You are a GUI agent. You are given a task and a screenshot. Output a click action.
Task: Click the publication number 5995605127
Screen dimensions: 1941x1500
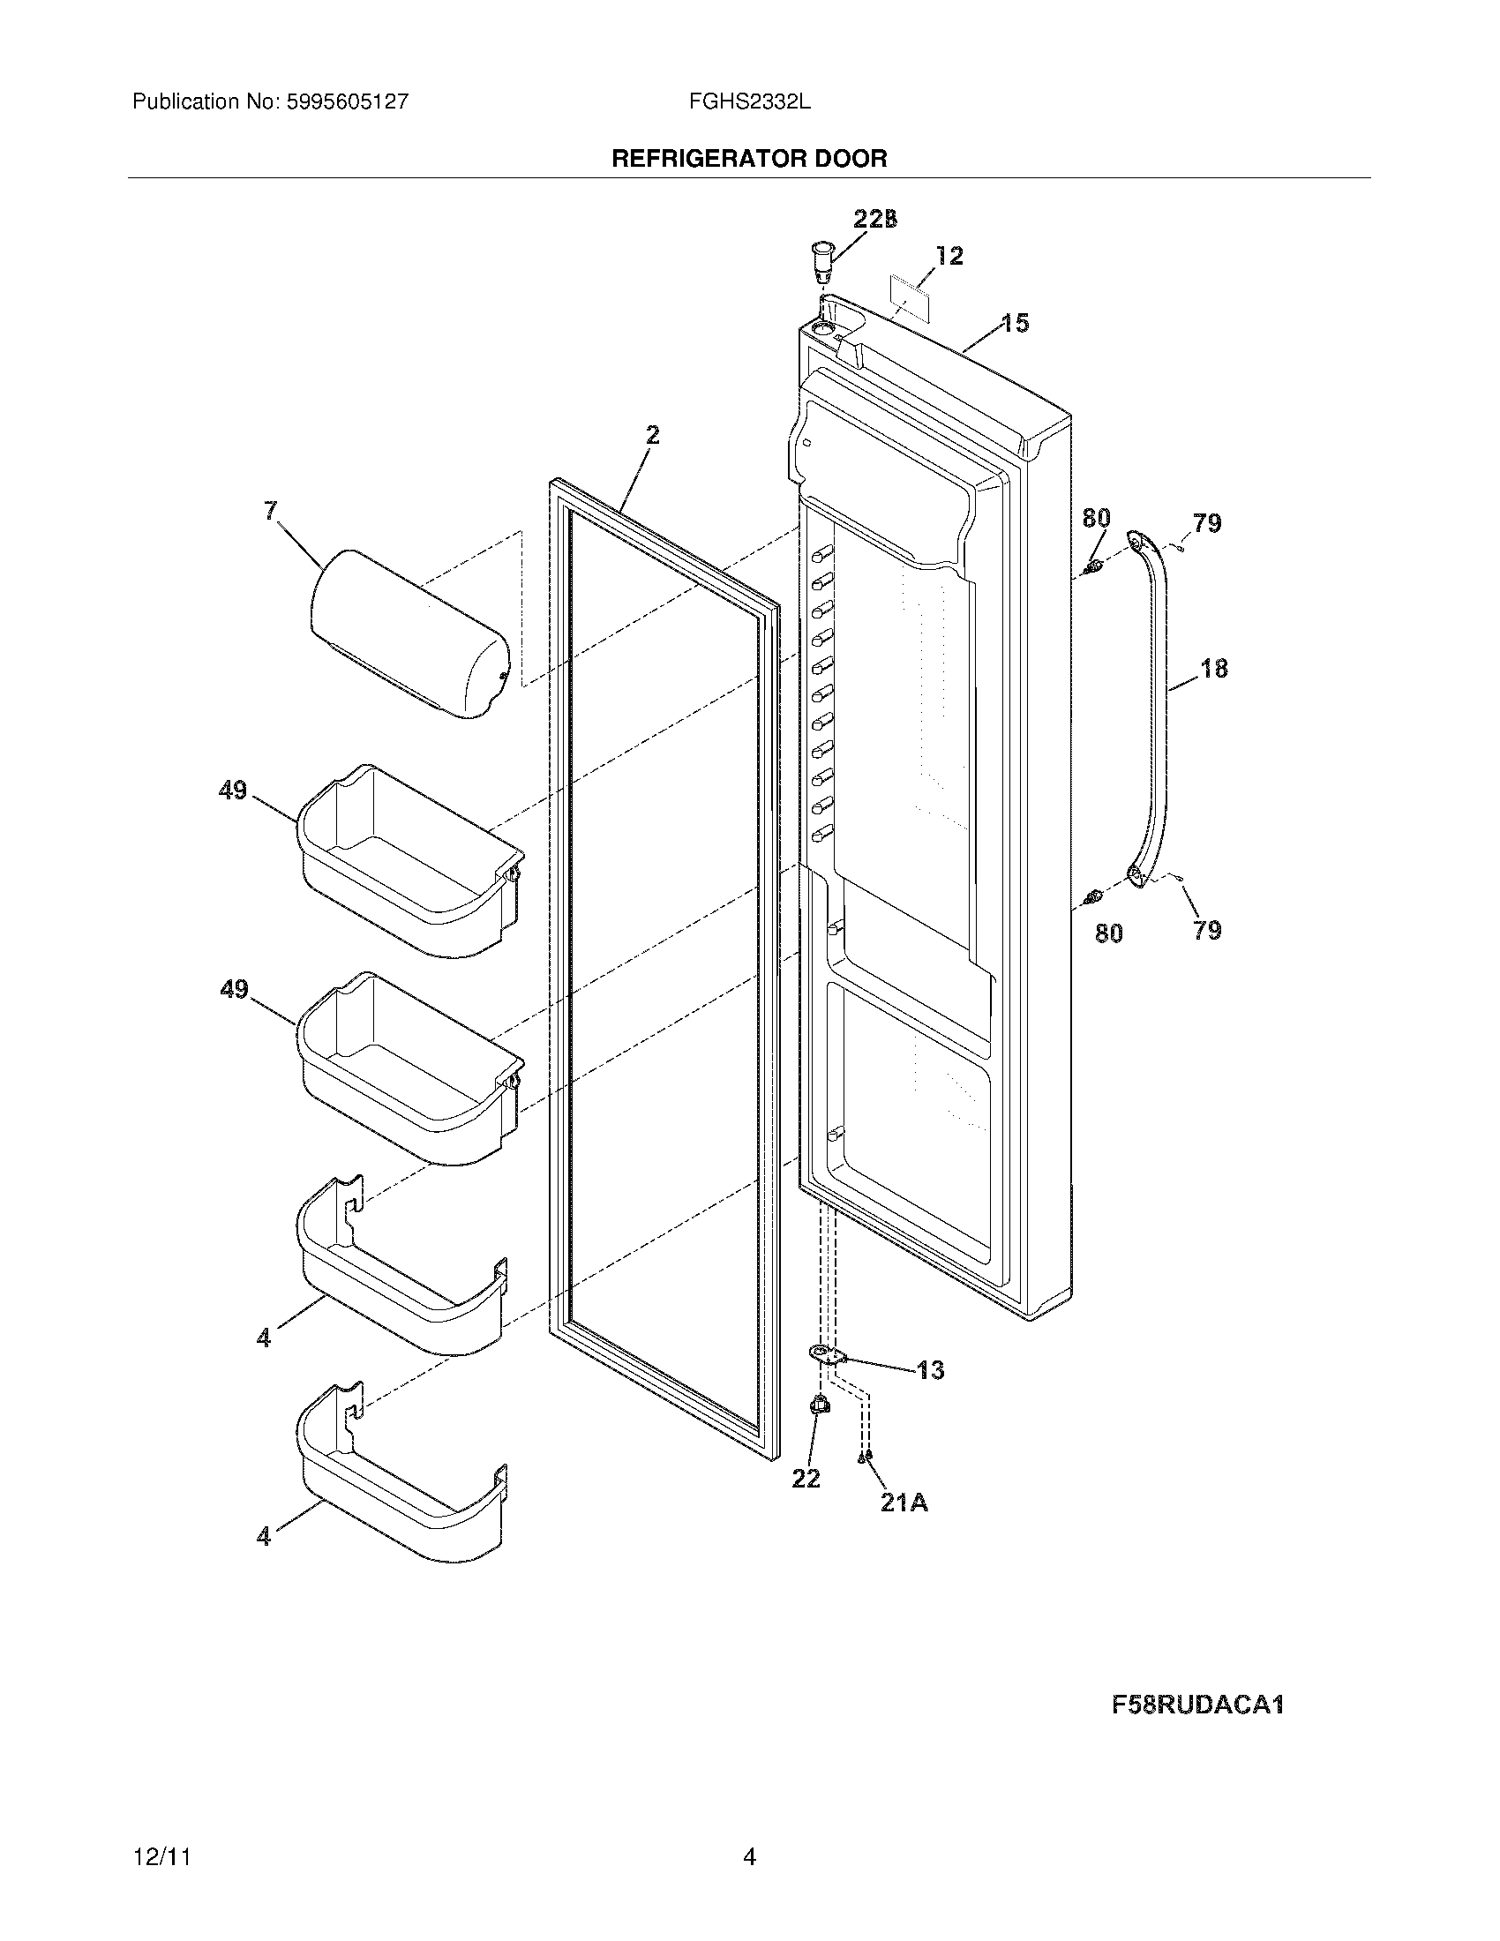pos(348,101)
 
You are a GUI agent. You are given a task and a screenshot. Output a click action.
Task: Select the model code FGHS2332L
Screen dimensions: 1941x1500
pos(749,101)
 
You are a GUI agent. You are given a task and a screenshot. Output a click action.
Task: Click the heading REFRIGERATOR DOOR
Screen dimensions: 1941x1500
pos(749,159)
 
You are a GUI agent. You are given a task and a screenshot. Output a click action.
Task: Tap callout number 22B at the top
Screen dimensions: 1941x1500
pos(875,220)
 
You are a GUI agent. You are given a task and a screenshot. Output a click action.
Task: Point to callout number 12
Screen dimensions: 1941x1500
pos(949,257)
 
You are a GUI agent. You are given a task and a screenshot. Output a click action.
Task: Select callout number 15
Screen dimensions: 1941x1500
pos(1016,324)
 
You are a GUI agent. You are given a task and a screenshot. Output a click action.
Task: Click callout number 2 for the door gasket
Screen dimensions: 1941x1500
pos(653,436)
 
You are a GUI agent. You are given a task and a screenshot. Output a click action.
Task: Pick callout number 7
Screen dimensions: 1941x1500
pos(270,511)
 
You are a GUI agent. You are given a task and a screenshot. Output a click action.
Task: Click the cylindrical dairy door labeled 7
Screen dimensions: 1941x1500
pos(409,633)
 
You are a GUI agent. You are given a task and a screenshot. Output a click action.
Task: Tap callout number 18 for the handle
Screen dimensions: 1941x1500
pos(1214,669)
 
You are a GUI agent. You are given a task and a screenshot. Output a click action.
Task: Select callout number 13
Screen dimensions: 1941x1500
pos(930,1370)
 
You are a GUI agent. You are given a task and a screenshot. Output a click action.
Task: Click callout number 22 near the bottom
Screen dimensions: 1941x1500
pos(806,1479)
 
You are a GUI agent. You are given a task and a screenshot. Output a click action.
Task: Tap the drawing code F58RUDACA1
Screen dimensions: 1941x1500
pos(1197,1705)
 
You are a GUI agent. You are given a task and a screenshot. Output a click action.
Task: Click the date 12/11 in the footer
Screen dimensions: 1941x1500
pos(161,1856)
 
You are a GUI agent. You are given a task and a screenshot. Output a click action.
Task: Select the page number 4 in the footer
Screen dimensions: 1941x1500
pos(749,1856)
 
